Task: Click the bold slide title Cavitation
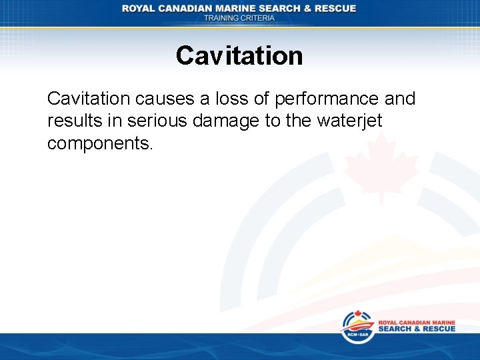239,55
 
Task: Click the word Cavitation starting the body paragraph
89,99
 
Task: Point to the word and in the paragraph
400,99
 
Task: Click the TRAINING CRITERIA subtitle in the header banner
239,18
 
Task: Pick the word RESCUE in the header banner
335,9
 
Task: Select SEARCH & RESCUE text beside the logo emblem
417,329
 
